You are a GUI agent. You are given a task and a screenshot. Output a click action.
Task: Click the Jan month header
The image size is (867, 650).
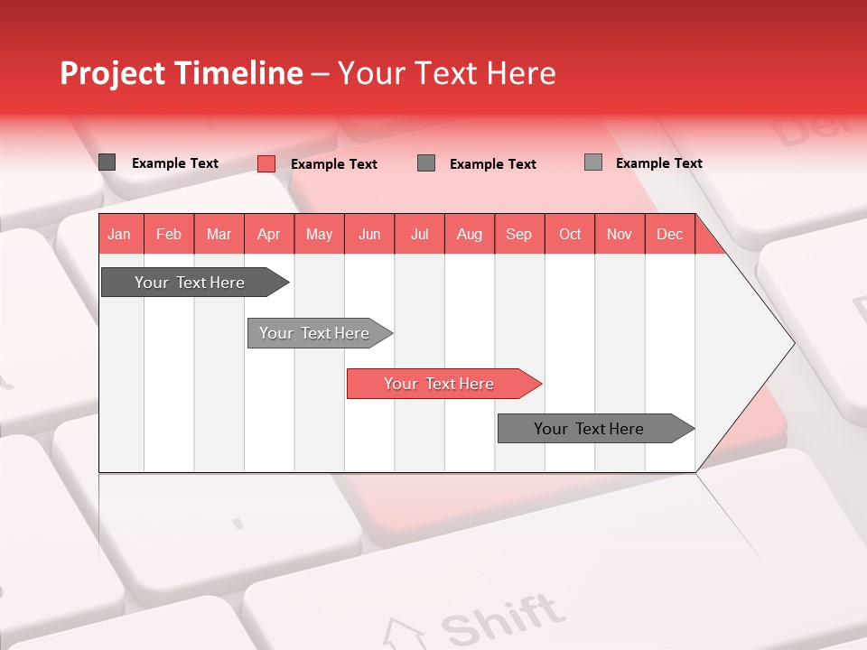[x=119, y=235]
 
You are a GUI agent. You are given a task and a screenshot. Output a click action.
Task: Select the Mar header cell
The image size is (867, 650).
[x=219, y=235]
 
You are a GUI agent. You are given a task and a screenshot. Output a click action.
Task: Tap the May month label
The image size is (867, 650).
[x=319, y=235]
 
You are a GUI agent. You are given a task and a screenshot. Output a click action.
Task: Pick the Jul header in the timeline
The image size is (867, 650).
[x=419, y=235]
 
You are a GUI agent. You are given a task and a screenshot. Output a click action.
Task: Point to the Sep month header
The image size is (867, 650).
[x=518, y=235]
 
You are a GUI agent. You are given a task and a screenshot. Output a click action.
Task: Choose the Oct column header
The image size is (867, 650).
[x=570, y=235]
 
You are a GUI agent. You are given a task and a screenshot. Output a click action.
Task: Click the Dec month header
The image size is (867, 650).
[x=669, y=235]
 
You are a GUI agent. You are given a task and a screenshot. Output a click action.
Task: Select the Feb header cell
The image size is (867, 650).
[x=169, y=235]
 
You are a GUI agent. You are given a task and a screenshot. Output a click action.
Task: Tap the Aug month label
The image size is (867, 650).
[x=469, y=235]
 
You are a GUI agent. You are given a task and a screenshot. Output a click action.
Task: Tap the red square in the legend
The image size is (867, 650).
[x=266, y=163]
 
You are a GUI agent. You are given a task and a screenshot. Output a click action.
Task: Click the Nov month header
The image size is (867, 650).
[x=620, y=235]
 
